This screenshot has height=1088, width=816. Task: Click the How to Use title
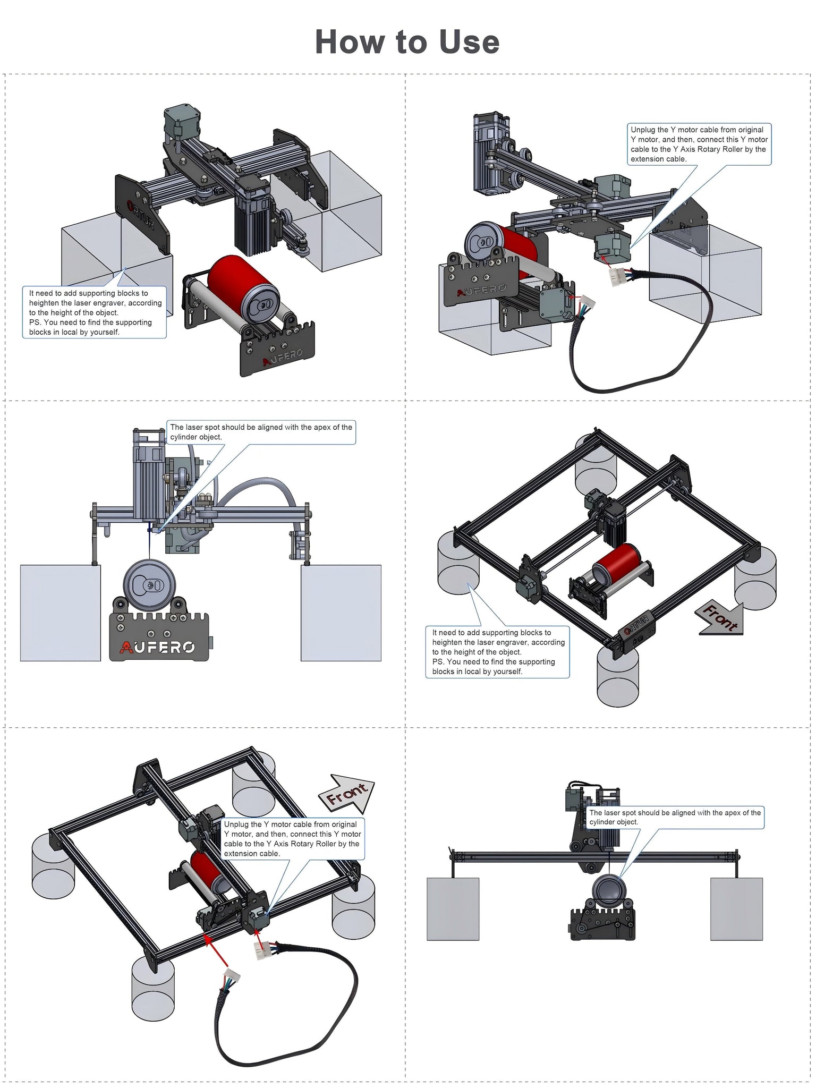[x=407, y=42]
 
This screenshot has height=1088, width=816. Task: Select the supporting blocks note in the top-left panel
[x=95, y=312]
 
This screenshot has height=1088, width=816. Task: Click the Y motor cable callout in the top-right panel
[x=699, y=144]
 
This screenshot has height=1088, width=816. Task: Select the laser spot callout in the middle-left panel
[x=261, y=432]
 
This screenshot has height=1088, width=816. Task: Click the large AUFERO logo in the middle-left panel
[x=158, y=647]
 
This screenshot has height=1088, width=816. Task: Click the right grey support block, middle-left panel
[x=341, y=613]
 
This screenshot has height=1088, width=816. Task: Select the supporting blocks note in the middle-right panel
[x=497, y=652]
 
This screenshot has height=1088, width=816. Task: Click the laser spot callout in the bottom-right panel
[x=675, y=817]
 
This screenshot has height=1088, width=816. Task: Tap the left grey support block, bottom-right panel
[x=453, y=908]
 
